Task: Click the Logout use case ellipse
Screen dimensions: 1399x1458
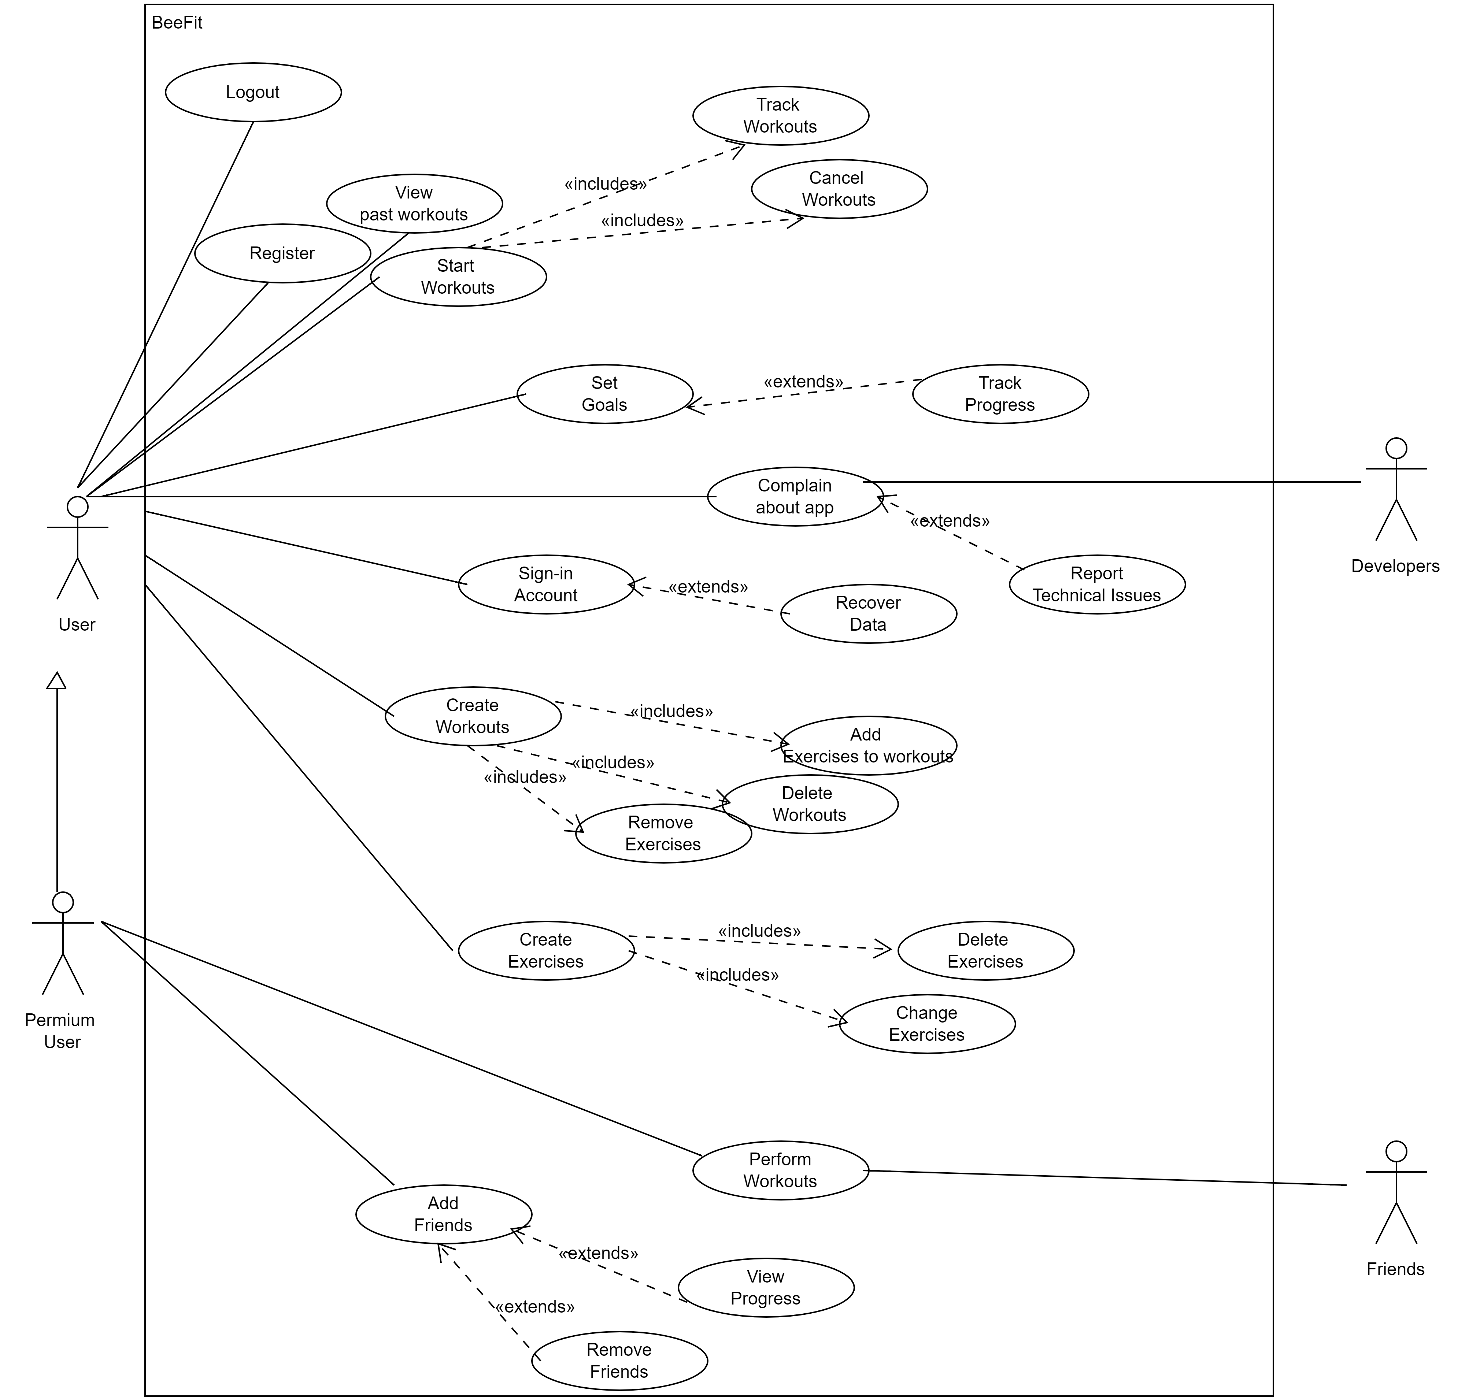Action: click(253, 92)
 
